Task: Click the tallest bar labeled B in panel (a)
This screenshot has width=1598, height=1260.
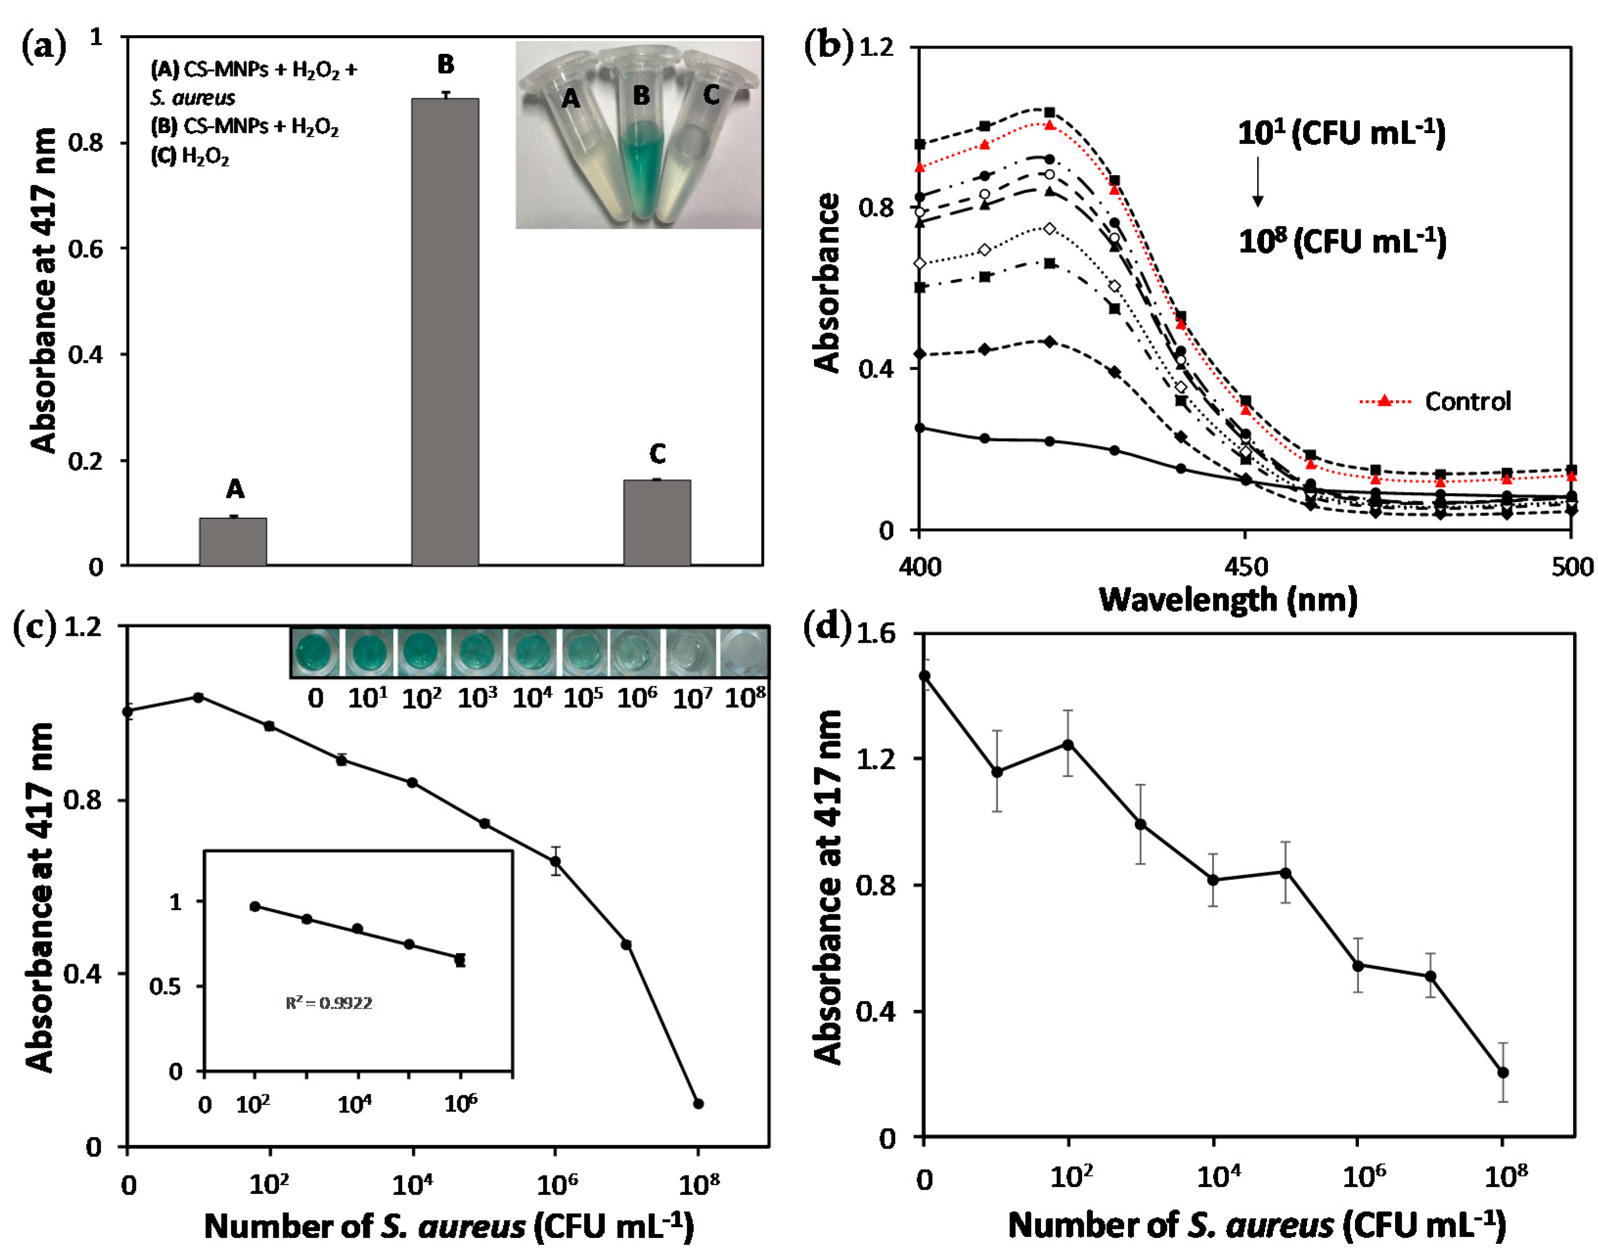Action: (x=444, y=332)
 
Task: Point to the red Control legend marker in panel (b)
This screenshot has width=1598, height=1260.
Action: (x=1384, y=401)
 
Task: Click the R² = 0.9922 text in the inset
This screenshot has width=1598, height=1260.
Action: (x=329, y=1003)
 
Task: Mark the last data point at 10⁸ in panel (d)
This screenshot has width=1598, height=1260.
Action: (x=1503, y=1073)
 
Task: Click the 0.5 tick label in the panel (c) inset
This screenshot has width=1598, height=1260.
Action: (x=165, y=986)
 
